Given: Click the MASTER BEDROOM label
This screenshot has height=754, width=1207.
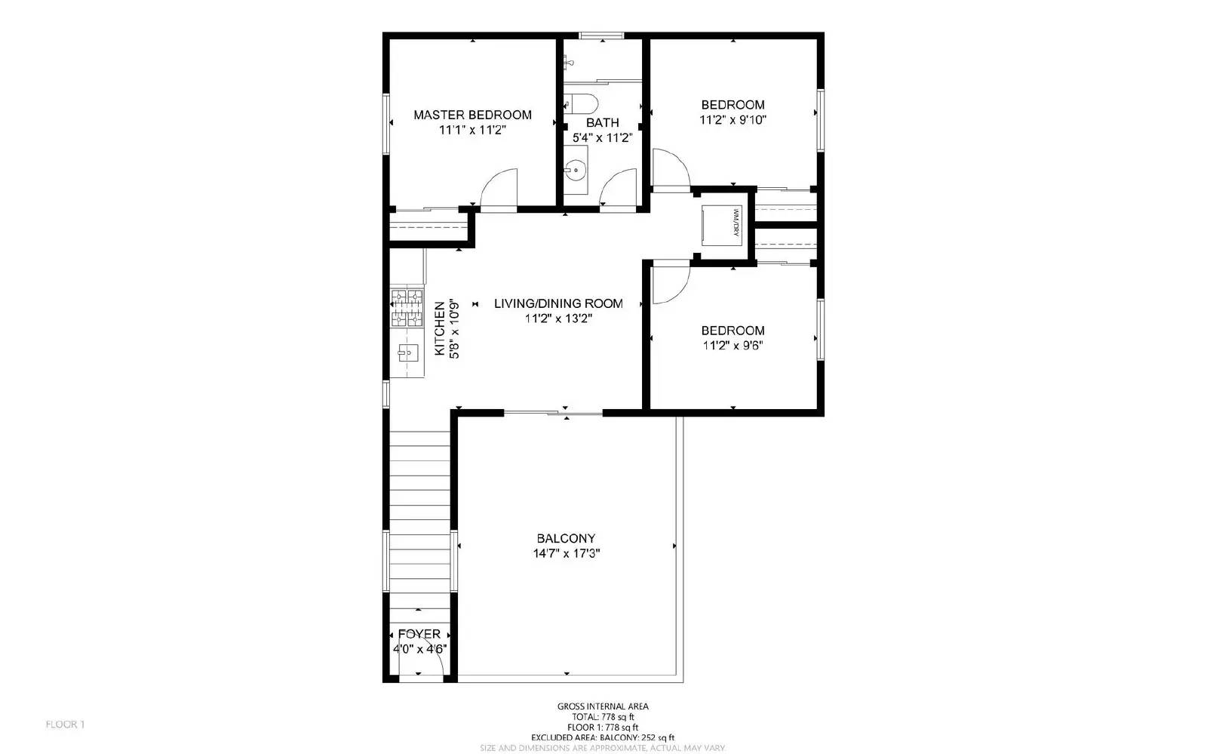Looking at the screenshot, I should pos(472,115).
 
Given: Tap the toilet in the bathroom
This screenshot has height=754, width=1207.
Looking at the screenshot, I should pos(582,103).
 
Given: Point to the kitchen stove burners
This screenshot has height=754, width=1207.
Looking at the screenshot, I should pos(407,308).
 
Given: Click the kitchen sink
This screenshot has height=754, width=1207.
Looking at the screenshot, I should pos(408,352).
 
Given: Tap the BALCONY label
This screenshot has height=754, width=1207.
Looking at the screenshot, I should pos(566,538).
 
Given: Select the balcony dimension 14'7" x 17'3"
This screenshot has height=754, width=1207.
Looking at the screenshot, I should pos(566,553).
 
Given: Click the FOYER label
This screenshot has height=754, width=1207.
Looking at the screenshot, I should pos(419,634).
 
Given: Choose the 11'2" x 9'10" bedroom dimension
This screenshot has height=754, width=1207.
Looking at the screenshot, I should pos(732,119).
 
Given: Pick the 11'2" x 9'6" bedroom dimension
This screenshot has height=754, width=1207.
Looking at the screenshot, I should pos(732,345).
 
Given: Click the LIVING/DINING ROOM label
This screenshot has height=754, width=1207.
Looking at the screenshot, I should pos(558,303).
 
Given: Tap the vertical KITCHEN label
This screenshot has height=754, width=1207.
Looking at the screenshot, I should pos(440,329).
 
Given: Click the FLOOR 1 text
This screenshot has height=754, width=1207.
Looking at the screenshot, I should pos(65,725).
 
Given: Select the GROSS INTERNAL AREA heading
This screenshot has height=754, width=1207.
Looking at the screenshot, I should pos(603,706).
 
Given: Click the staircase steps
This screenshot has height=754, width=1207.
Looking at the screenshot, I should pos(419,513).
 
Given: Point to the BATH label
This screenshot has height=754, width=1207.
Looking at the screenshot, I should pos(602,122).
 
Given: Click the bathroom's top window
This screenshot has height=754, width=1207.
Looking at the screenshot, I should pos(601,35).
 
